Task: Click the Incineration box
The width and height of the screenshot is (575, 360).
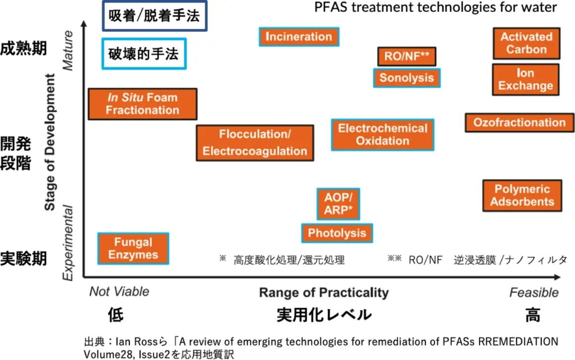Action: pyautogui.click(x=299, y=37)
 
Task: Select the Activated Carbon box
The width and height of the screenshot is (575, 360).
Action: pyautogui.click(x=526, y=43)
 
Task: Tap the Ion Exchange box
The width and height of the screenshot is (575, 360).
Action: pyautogui.click(x=525, y=79)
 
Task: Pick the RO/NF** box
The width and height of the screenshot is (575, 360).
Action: pyautogui.click(x=406, y=57)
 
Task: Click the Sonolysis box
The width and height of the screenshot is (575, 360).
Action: pyautogui.click(x=406, y=77)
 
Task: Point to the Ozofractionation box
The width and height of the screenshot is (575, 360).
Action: pyautogui.click(x=519, y=122)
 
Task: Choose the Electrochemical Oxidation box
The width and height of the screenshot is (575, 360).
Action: pyautogui.click(x=382, y=134)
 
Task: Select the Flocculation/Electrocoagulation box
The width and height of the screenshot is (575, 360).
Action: pyautogui.click(x=255, y=143)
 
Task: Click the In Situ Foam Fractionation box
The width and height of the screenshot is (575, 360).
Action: pyautogui.click(x=142, y=104)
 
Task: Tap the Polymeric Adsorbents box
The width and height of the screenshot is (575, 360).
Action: pyautogui.click(x=522, y=195)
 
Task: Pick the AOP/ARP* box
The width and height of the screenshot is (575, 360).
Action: pyautogui.click(x=338, y=203)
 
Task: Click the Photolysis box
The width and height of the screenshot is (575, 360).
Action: pyautogui.click(x=337, y=233)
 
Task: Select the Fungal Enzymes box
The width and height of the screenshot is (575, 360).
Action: pyautogui.click(x=133, y=248)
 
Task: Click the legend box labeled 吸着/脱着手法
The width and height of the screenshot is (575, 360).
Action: pyautogui.click(x=154, y=16)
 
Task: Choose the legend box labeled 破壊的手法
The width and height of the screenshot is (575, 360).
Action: pyautogui.click(x=143, y=54)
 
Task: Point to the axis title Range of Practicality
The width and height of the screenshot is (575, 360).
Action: pyautogui.click(x=324, y=293)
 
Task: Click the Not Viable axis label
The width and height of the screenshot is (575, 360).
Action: pyautogui.click(x=119, y=292)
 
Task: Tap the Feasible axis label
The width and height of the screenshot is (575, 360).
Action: pyautogui.click(x=533, y=293)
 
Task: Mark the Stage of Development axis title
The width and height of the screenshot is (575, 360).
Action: pyautogui.click(x=50, y=142)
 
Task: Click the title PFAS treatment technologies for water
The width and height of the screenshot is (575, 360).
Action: pyautogui.click(x=436, y=8)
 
